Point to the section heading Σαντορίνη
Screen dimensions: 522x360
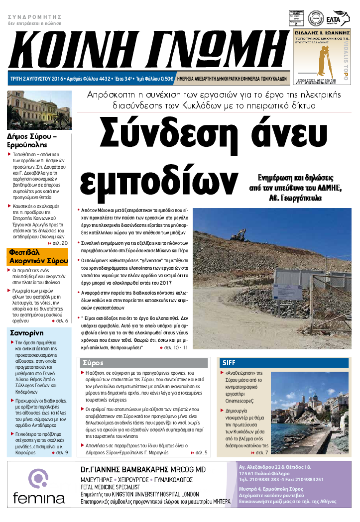point(27,333)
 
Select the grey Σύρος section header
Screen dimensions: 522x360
point(143,362)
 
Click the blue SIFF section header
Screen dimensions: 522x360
point(284,363)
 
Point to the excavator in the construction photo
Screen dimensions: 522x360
point(239,233)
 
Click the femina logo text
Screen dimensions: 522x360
point(39,498)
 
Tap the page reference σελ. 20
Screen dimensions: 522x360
point(61,242)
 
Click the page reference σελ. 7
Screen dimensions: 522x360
point(261,452)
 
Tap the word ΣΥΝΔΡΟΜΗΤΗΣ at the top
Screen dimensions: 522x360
point(31,16)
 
